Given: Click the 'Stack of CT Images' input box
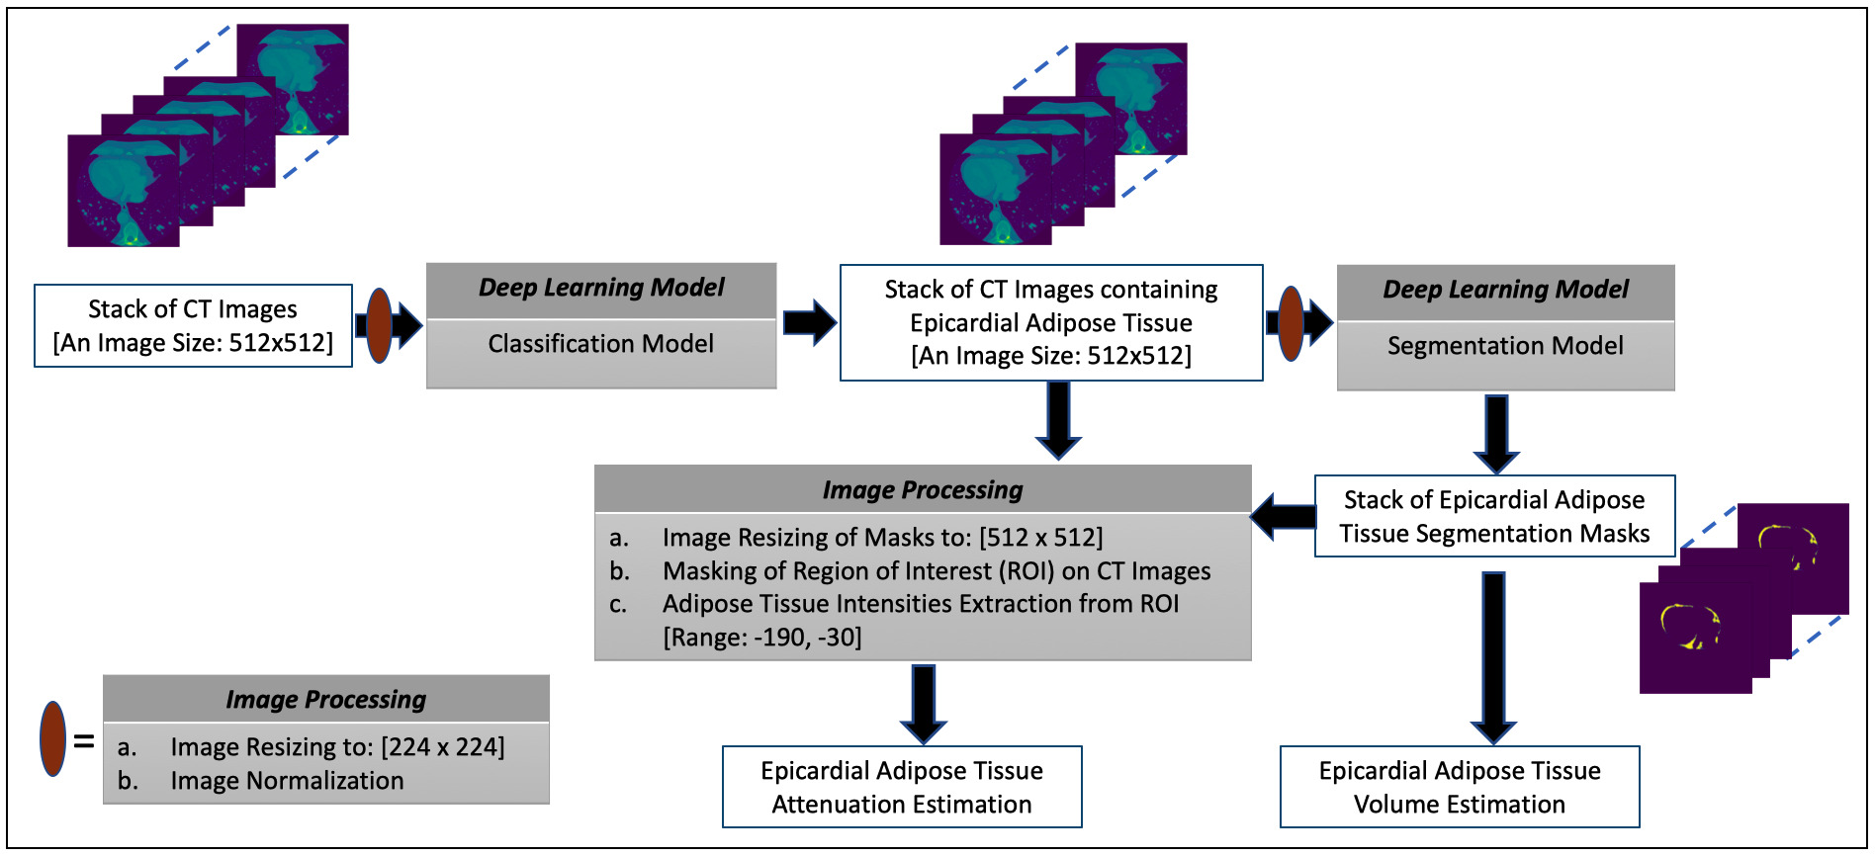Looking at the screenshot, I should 193,325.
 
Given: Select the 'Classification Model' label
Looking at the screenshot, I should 600,344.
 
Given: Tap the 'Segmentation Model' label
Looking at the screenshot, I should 1504,346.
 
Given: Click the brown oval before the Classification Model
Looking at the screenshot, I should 379,325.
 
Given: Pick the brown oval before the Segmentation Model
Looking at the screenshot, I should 1291,323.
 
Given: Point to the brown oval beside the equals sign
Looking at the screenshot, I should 52,738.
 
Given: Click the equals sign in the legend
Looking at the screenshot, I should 84,740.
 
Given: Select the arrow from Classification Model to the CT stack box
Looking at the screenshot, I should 809,322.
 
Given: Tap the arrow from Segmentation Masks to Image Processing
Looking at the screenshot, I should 1283,516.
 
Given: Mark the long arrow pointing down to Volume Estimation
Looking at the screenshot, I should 1493,656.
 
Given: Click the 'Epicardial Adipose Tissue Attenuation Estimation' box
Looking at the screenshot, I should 902,787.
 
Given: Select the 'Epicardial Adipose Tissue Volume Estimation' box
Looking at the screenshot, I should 1460,787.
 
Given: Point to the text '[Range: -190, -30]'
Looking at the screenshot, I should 761,638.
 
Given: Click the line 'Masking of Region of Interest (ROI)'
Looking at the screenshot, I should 936,571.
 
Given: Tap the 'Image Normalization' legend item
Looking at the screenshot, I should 287,781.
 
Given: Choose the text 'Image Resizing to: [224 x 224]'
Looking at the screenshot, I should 337,747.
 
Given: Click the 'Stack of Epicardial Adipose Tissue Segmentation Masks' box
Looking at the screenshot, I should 1494,516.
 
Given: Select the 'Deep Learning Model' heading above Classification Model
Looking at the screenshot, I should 601,288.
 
